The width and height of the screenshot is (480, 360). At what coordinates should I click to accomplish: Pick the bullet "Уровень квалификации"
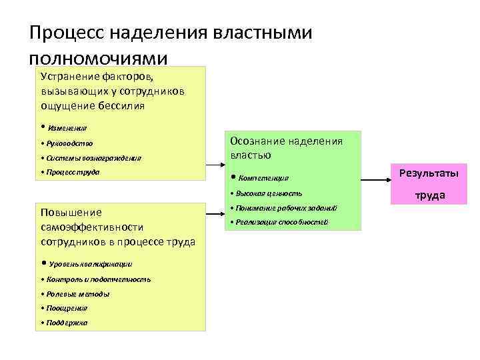pyautogui.click(x=90, y=263)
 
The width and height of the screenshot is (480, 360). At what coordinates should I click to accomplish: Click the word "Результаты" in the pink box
pyautogui.click(x=428, y=173)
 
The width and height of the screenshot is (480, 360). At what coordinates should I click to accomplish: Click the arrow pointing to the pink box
pyautogui.click(x=376, y=178)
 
